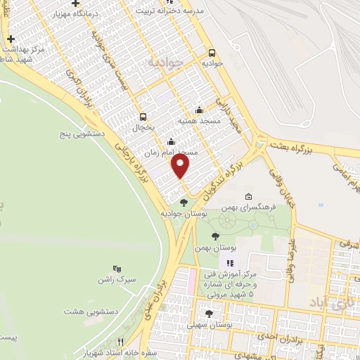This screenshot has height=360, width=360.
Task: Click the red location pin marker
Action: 181,166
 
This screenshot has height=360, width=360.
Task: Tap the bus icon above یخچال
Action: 143,117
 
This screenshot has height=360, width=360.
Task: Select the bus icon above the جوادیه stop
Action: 212,51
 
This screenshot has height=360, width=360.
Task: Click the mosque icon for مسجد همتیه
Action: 199,110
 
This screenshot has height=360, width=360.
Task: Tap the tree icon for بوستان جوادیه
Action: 184,202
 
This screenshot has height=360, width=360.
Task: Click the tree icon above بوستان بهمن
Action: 214,237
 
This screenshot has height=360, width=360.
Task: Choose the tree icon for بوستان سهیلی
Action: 209,314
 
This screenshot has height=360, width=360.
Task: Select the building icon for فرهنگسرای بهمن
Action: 248,197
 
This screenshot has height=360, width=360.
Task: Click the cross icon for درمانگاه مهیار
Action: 95,4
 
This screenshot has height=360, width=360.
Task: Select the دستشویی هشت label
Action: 86,311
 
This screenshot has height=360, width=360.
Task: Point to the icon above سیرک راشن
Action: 117,268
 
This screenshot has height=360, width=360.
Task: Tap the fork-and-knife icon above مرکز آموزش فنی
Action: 229,262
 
